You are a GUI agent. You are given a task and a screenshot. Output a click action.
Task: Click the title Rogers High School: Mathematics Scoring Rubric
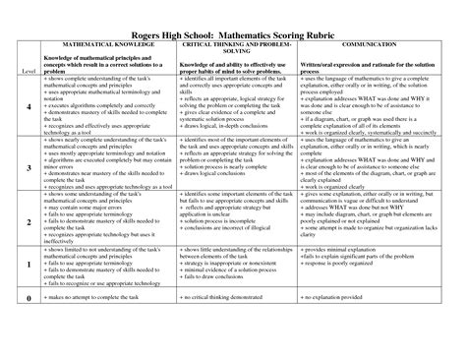233,30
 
